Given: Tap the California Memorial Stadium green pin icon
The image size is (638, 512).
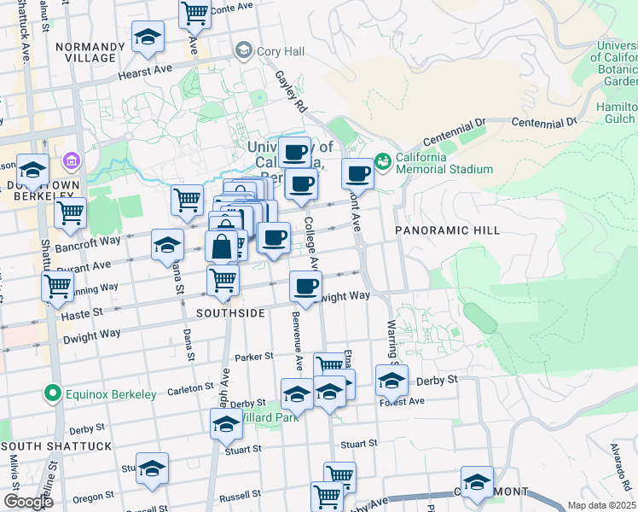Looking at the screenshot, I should click(382, 160).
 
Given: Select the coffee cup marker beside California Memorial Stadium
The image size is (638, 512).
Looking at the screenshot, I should click(358, 173).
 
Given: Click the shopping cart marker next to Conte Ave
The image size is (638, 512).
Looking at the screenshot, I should click(195, 13).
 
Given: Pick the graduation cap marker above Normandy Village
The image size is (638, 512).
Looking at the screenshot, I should click(148, 37).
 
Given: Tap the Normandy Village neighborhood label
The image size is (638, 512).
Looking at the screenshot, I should click(84, 52).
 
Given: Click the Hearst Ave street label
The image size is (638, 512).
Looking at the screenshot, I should click(145, 73).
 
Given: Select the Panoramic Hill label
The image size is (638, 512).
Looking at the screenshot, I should click(434, 230).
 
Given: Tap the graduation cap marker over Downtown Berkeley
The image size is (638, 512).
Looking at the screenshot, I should click(33, 171).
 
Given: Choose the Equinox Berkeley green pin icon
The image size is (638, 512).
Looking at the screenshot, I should click(52, 394).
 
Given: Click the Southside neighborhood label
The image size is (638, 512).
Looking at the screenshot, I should click(230, 313).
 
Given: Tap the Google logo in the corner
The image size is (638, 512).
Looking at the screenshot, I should click(28, 502).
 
